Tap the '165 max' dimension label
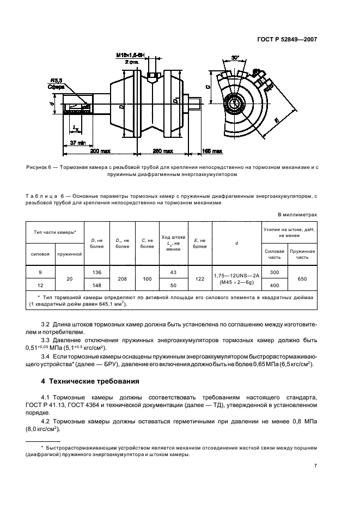(212, 150)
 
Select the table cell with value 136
(96, 272)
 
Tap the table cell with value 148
(96, 285)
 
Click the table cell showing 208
(123, 278)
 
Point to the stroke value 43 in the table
(174, 272)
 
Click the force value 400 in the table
(274, 285)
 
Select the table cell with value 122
(200, 278)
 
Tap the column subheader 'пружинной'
(69, 253)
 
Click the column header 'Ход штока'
(174, 238)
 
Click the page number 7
(315, 466)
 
